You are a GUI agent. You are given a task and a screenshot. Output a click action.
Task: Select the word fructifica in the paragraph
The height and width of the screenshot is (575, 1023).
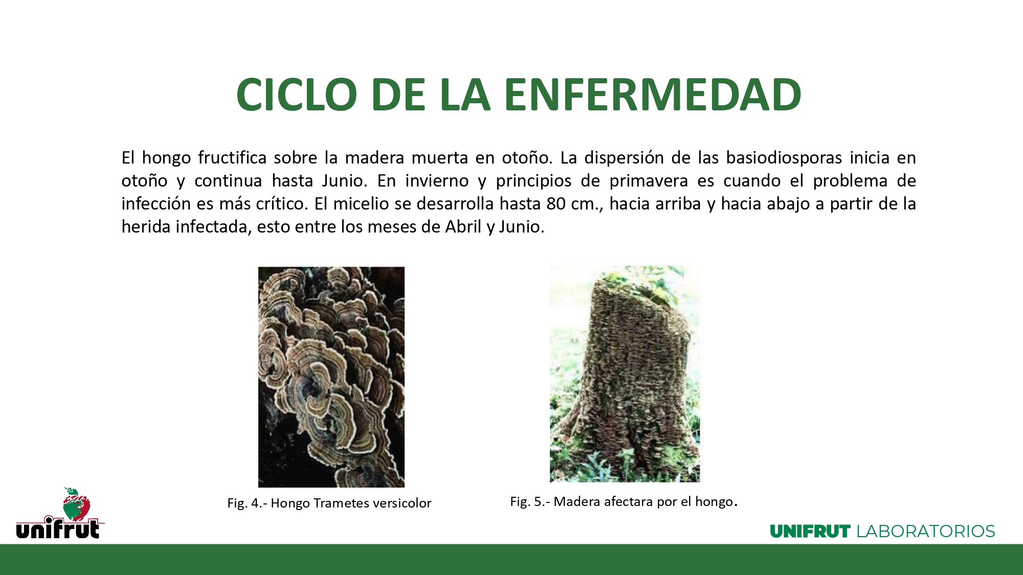(x=232, y=157)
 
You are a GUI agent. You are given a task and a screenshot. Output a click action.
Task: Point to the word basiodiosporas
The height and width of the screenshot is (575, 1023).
(x=784, y=157)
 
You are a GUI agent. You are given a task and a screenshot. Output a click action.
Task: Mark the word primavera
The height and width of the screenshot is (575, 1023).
(x=648, y=181)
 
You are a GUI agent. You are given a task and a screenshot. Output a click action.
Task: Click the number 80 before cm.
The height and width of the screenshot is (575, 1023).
(x=556, y=204)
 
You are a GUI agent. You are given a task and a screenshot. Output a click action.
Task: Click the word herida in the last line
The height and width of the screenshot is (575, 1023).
(x=146, y=226)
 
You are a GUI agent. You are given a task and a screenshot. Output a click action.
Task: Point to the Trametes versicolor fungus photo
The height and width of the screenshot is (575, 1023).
(x=331, y=377)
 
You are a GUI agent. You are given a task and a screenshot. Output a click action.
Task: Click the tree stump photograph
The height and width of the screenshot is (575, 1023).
(x=625, y=374)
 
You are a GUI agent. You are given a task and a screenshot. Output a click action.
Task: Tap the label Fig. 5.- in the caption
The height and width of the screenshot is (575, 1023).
(x=530, y=501)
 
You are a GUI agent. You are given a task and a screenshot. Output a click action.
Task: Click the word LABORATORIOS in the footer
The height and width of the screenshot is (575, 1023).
(x=926, y=532)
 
